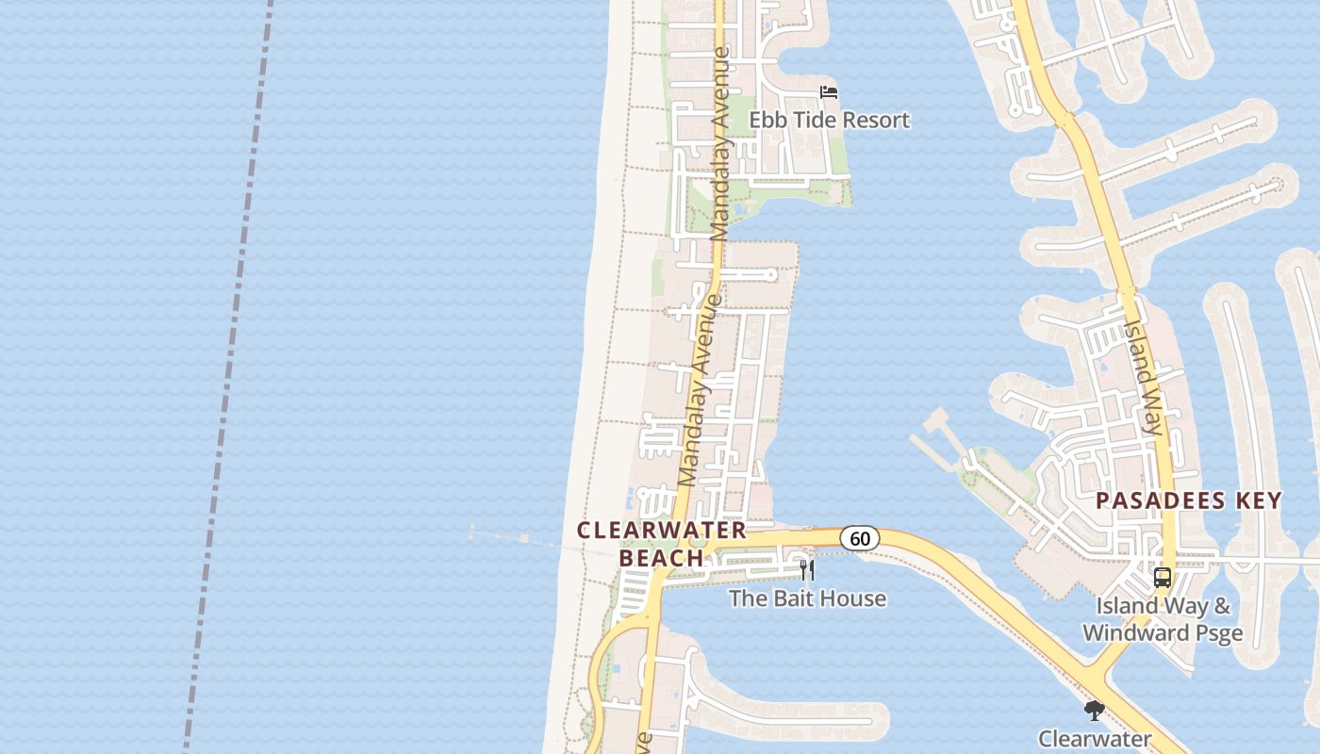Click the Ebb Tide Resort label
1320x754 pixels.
click(x=829, y=120)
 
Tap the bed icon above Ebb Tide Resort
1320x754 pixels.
click(x=829, y=91)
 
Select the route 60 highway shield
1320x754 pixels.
click(x=859, y=538)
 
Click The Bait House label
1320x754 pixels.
click(x=807, y=598)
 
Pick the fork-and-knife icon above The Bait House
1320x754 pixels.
click(x=807, y=570)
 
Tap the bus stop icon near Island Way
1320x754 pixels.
click(x=1163, y=578)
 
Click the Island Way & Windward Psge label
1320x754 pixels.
click(x=1163, y=619)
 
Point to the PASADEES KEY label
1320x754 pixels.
click(x=1188, y=500)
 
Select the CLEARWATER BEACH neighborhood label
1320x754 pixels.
click(x=662, y=544)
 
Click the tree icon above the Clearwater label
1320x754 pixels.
click(x=1094, y=710)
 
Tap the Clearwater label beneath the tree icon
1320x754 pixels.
click(x=1094, y=738)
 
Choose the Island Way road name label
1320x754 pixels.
click(x=1143, y=375)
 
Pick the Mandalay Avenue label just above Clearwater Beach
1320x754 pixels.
click(x=700, y=391)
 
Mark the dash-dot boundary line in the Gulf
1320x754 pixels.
click(x=226, y=377)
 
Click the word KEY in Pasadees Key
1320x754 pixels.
click(x=1255, y=500)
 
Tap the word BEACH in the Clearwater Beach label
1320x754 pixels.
click(x=662, y=557)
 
